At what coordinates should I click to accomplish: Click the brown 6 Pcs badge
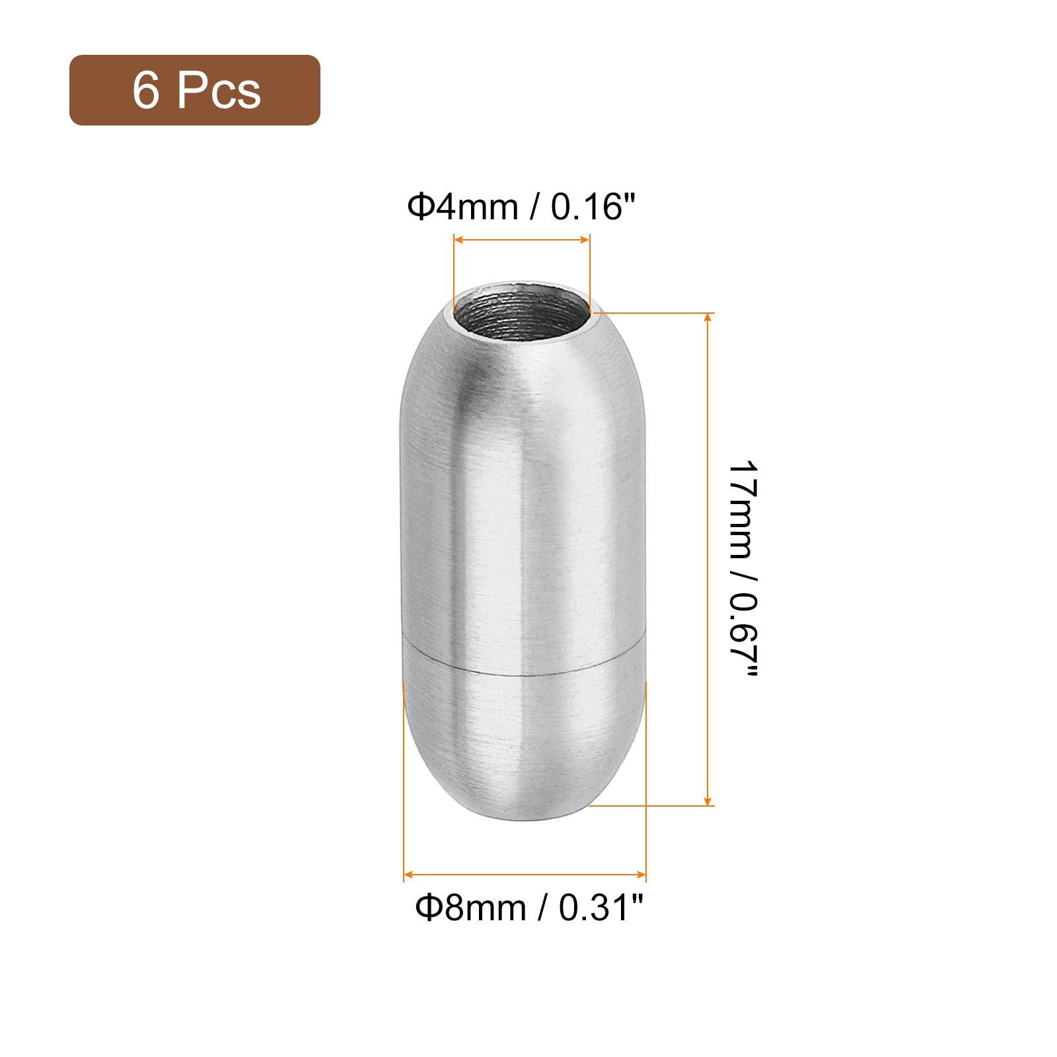point(195,90)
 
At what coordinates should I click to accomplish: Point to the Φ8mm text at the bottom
point(470,908)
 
